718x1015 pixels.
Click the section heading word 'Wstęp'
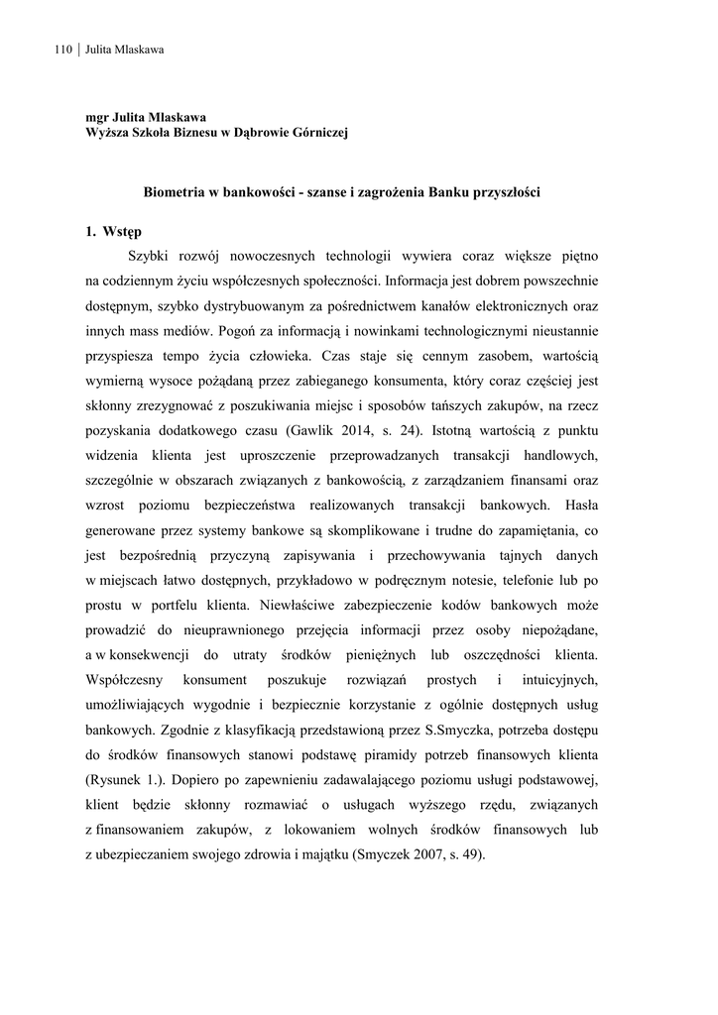pyautogui.click(x=122, y=232)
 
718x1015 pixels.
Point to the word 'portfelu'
pyautogui.click(x=203, y=604)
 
